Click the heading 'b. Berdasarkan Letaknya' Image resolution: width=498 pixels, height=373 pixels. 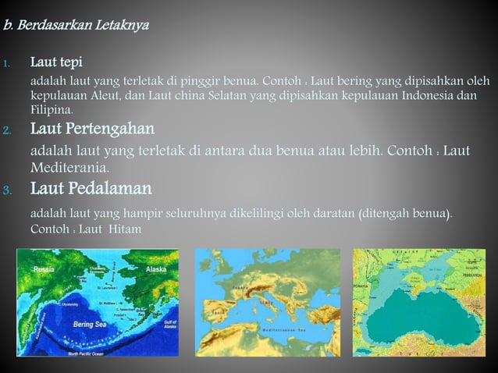coord(76,25)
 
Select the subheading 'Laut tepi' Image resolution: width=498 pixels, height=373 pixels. coord(56,62)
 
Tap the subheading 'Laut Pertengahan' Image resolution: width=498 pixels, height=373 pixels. coord(92,128)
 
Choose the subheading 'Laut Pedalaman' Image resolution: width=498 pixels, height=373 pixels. coord(91,189)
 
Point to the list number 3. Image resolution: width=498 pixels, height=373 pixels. coord(6,190)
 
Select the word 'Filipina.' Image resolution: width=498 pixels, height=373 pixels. coord(54,111)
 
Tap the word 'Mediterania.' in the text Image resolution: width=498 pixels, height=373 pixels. coord(69,168)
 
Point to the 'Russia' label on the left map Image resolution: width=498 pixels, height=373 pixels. coord(44,269)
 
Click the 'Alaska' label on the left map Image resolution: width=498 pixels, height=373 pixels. coord(156,269)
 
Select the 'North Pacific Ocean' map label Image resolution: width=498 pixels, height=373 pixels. coord(91,353)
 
